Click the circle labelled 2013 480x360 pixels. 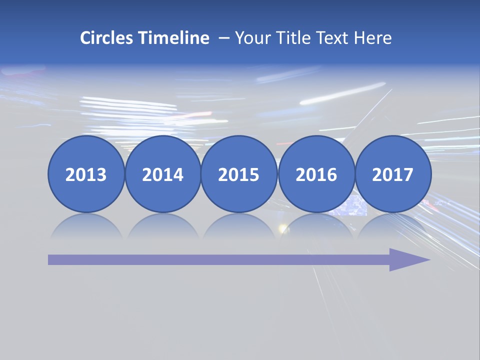[86, 174]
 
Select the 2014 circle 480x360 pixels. [162, 174]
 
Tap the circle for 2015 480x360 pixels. [239, 174]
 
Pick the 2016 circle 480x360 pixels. [316, 174]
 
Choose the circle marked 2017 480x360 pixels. [392, 174]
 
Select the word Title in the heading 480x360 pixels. [295, 38]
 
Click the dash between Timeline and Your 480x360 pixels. [224, 38]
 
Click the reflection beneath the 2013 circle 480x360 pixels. [86, 226]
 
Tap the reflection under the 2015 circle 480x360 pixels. [239, 226]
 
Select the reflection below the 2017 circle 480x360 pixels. [392, 226]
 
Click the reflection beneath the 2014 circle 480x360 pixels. [162, 226]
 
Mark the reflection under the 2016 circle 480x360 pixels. [316, 226]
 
